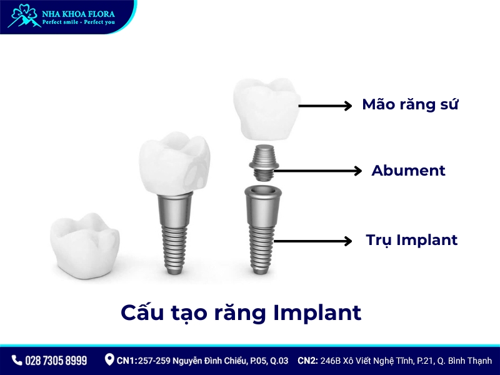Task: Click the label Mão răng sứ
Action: pos(410,104)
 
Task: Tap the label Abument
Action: pos(408,170)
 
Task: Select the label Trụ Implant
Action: pos(411,239)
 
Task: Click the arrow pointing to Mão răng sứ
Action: pos(325,106)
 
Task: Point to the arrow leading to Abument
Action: pos(319,170)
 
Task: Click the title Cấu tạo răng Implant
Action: pos(241,312)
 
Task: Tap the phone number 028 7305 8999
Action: pos(56,361)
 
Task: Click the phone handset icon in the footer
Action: pos(17,361)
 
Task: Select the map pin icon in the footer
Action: pos(109,360)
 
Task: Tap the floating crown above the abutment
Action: pos(266,109)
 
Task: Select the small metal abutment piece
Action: pos(263,159)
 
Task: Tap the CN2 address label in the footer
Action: pos(394,361)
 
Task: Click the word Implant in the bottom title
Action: pos(317,312)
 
